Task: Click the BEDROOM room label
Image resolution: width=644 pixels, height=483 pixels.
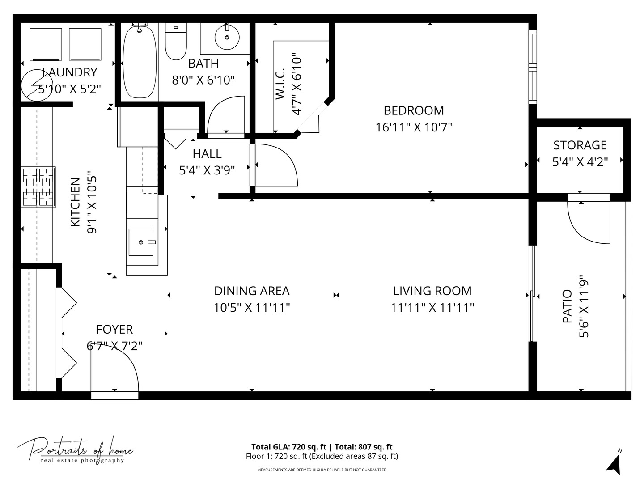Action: (414, 110)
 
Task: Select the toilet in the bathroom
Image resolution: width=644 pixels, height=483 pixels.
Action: (176, 42)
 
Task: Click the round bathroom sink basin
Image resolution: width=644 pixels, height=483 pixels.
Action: (227, 38)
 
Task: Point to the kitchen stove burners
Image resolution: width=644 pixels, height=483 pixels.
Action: (38, 187)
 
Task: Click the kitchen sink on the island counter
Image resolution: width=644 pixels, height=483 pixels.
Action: (141, 242)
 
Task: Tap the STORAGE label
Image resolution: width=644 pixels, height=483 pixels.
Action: (580, 145)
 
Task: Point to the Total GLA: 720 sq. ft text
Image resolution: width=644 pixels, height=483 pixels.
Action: (289, 447)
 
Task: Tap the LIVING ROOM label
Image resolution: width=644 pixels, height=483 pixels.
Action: (432, 291)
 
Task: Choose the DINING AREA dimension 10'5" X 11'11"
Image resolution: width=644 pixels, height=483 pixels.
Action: (252, 308)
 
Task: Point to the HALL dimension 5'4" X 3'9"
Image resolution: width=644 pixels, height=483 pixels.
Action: (207, 170)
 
